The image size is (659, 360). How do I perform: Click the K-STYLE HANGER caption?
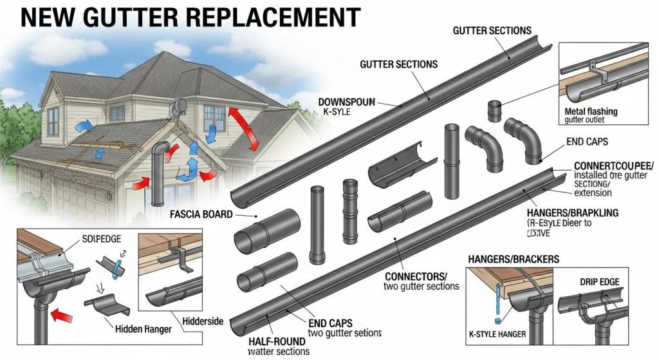499,335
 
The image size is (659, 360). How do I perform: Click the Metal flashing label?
590,111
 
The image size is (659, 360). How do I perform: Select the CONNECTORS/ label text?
419,275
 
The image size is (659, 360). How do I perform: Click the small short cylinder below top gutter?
495,111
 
